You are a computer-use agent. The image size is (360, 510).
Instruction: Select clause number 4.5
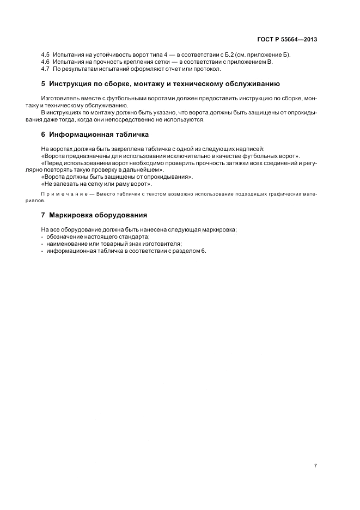pos(45,56)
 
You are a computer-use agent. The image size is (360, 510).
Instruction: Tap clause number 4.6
pos(45,62)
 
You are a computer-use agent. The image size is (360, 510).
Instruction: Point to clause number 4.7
pos(45,69)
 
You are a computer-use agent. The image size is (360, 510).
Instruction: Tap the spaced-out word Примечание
pos(64,194)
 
